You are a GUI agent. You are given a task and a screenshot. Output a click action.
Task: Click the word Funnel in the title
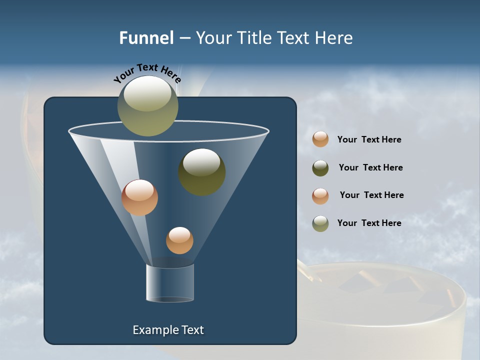click(x=146, y=38)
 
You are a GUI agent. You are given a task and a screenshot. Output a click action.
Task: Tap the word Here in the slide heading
click(x=333, y=38)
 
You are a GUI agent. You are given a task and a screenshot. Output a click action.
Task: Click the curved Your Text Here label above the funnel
click(x=147, y=73)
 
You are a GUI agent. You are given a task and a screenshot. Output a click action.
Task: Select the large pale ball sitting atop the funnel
click(x=147, y=105)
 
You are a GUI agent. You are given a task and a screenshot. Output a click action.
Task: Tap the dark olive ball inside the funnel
click(x=202, y=171)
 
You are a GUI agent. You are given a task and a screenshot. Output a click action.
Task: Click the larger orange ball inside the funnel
click(x=139, y=197)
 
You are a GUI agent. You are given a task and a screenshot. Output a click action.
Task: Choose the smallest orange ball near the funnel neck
click(x=179, y=240)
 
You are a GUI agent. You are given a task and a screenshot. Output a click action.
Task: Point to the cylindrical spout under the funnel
click(x=170, y=283)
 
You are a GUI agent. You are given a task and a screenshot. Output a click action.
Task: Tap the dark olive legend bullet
click(x=320, y=168)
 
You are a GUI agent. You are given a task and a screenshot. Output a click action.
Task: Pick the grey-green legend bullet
click(x=320, y=223)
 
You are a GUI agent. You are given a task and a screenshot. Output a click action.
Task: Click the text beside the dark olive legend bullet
click(x=370, y=167)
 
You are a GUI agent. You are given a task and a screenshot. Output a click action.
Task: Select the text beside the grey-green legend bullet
click(x=369, y=223)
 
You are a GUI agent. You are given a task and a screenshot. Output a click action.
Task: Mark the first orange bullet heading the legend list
click(x=320, y=139)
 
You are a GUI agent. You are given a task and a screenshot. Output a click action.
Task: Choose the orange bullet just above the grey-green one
click(x=320, y=196)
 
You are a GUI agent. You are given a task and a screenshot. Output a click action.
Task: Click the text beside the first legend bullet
click(x=369, y=139)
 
